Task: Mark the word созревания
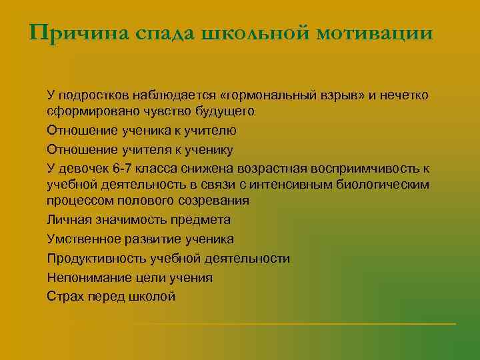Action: point(209,200)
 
